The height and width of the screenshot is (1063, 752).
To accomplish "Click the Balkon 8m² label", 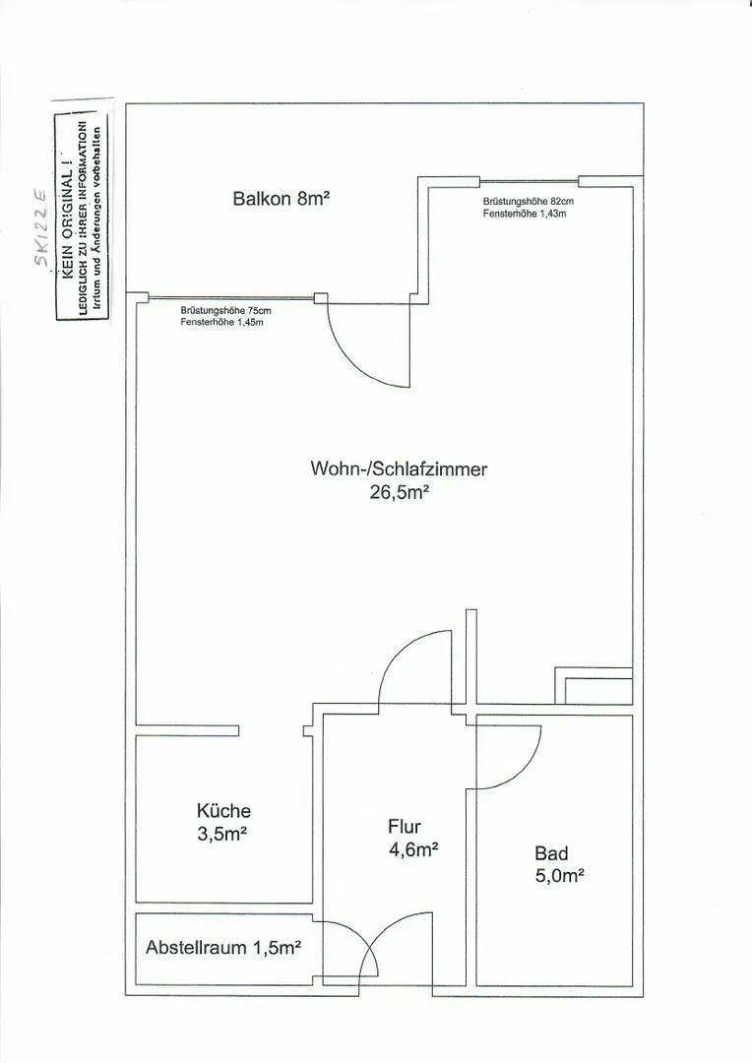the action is point(281,199).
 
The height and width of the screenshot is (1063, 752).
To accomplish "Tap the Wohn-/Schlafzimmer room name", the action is point(399,469).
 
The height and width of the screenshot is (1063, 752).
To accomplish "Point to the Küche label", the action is point(223,811).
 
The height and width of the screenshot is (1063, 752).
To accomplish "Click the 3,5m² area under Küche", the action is point(221,834).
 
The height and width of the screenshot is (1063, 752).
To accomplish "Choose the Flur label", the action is point(405,827).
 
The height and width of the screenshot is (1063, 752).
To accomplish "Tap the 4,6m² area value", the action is point(413,849).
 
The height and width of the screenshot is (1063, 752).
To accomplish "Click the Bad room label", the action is point(551,853).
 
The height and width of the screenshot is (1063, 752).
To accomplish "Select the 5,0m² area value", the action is point(559,876).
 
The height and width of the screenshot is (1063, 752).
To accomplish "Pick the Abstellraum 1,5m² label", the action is point(223,947).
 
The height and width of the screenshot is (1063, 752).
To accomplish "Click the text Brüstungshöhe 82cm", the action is point(529,202).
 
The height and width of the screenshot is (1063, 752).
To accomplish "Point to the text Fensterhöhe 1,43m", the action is point(525,214).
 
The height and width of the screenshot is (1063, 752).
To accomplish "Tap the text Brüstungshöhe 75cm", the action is point(225,310).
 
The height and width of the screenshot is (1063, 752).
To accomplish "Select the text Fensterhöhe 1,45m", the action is point(221,322).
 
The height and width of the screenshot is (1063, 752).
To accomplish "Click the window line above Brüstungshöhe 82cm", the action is point(529,182).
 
